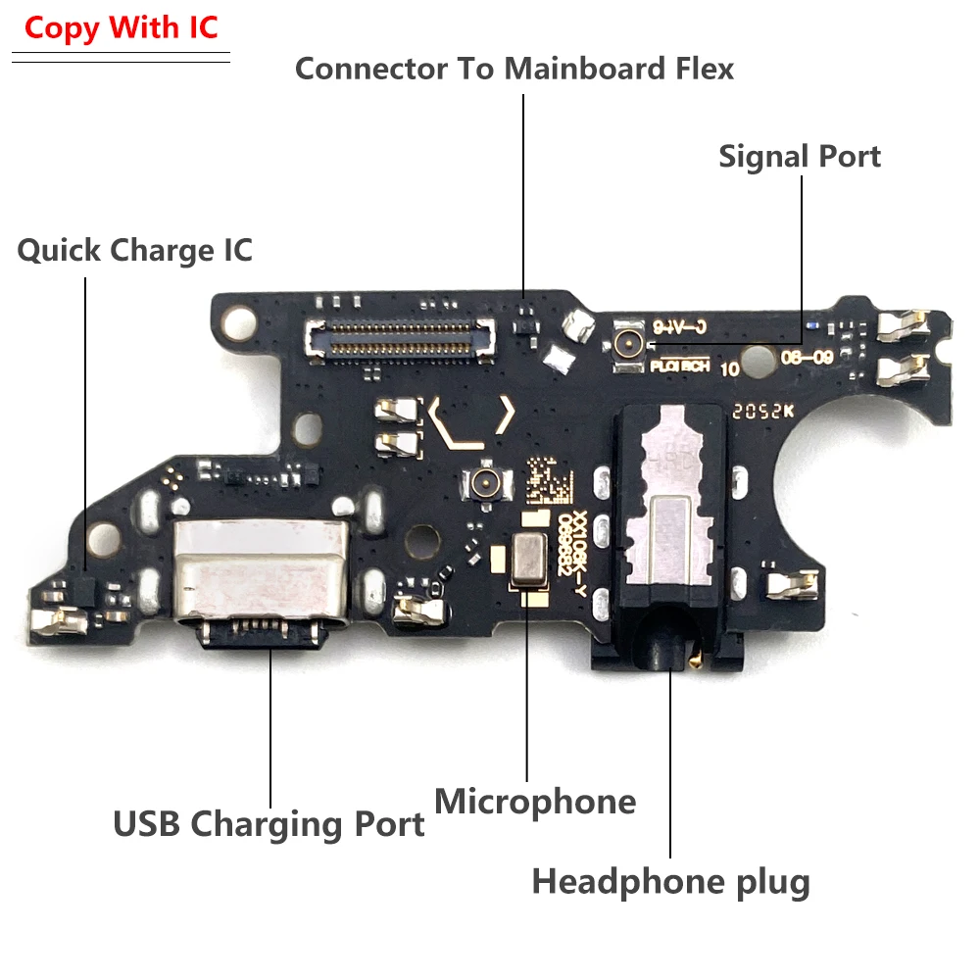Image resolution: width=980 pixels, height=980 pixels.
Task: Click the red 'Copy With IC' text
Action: coord(122,27)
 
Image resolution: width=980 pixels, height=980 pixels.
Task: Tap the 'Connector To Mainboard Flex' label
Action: coord(514,69)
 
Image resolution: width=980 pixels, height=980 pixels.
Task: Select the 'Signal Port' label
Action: coord(800,157)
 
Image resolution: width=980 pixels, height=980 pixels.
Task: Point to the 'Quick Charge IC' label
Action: coord(135,250)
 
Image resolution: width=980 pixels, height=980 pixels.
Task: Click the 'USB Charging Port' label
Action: coord(269,823)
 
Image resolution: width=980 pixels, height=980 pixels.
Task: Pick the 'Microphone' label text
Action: coord(535,802)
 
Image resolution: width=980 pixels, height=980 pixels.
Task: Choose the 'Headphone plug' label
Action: coord(670,882)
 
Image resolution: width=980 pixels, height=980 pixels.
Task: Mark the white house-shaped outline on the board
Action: coord(469,422)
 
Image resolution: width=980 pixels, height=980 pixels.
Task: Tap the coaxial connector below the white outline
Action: coord(482,481)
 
